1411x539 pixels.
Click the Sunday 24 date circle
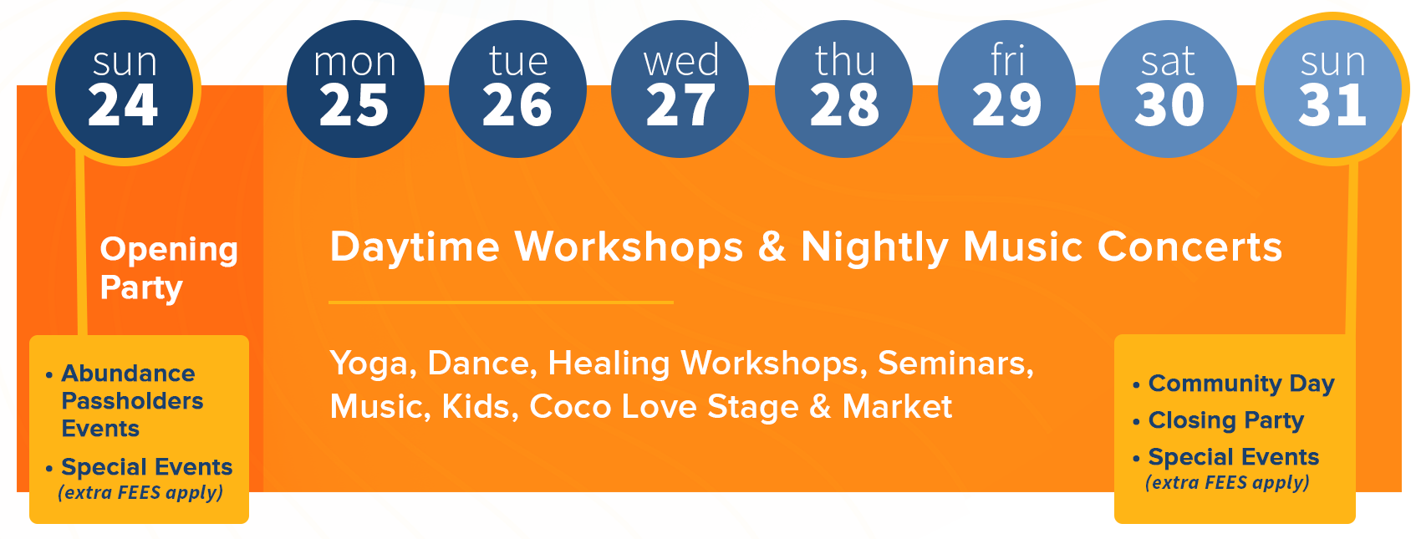point(124,89)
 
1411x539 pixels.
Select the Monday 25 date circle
point(355,89)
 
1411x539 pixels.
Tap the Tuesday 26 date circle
point(517,89)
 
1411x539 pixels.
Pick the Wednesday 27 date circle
point(680,89)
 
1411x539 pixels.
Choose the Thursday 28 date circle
point(843,89)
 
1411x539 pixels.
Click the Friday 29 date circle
point(1006,89)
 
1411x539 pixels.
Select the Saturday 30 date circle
point(1169,89)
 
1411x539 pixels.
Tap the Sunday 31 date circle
point(1333,89)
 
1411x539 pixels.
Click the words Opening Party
point(169,269)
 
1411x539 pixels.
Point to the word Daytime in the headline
point(415,247)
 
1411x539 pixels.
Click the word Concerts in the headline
point(1189,247)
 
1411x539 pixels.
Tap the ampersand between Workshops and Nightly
point(772,247)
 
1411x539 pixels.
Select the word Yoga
point(373,364)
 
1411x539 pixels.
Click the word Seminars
point(955,364)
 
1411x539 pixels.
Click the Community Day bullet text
point(1241,384)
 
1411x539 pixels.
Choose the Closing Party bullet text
point(1225,420)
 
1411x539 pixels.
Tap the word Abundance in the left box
point(128,374)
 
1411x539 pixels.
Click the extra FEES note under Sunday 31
point(1227,482)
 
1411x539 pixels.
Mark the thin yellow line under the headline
point(501,303)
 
